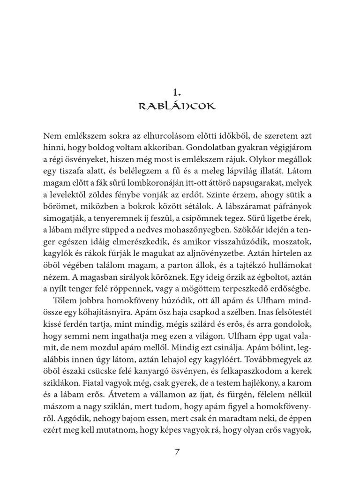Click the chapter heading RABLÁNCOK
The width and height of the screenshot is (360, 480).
(177, 106)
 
